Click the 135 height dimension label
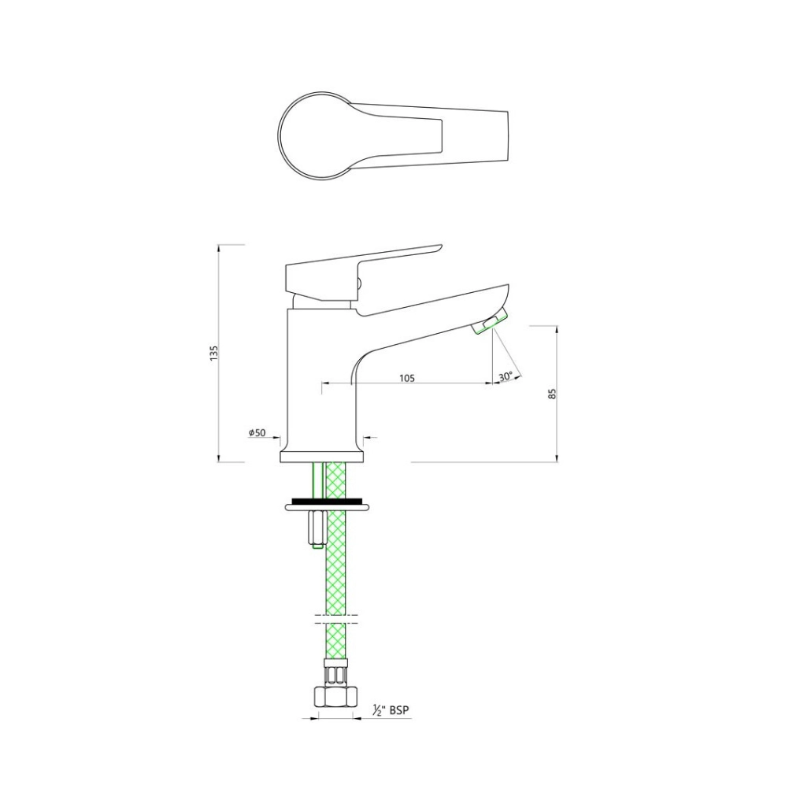coord(213,353)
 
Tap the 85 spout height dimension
coord(553,392)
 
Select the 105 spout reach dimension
coord(406,378)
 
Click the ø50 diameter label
coord(257,433)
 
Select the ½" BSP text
coord(391,710)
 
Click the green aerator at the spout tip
coord(490,321)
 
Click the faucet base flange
coord(323,456)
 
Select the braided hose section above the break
coord(336,559)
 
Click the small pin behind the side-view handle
coord(360,284)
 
